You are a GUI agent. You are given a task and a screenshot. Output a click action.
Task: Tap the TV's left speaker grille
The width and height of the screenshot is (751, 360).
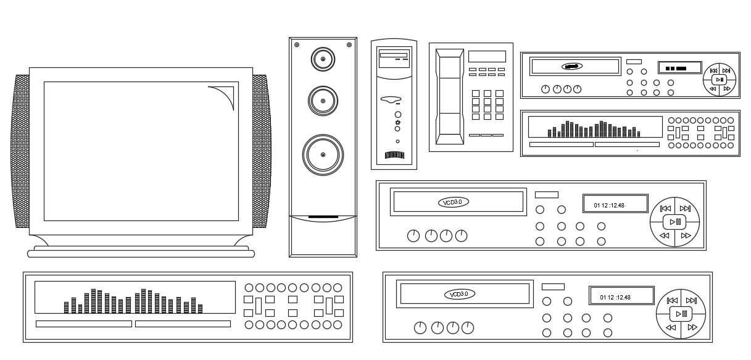tap(20, 151)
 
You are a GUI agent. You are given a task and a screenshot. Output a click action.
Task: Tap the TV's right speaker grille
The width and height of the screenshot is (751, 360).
tap(261, 151)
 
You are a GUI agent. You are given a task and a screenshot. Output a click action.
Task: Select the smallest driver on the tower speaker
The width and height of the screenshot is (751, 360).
tap(322, 60)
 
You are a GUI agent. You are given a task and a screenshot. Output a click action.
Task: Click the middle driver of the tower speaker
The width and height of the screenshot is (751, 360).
tap(322, 99)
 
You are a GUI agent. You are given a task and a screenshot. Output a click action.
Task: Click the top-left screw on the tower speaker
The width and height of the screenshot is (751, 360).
tap(297, 45)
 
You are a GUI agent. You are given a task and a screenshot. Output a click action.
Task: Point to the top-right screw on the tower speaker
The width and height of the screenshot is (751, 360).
tap(349, 45)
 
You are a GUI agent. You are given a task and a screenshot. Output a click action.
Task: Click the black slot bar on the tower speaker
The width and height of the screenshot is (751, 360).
tap(323, 217)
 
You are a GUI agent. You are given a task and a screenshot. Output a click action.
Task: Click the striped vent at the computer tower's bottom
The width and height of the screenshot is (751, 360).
tap(394, 155)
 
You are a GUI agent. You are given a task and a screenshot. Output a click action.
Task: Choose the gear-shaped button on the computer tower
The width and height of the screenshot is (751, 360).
tap(398, 123)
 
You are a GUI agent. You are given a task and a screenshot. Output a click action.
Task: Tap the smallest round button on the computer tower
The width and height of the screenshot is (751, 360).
tap(397, 141)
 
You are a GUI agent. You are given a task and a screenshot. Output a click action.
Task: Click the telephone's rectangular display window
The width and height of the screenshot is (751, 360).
tap(487, 57)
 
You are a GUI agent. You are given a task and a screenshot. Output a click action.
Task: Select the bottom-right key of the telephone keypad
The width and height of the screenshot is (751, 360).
tap(499, 116)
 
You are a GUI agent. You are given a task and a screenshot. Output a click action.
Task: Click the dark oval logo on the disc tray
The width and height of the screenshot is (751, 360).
tap(571, 66)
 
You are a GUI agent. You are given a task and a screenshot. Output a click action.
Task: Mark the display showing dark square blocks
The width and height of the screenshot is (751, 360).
tap(679, 68)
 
